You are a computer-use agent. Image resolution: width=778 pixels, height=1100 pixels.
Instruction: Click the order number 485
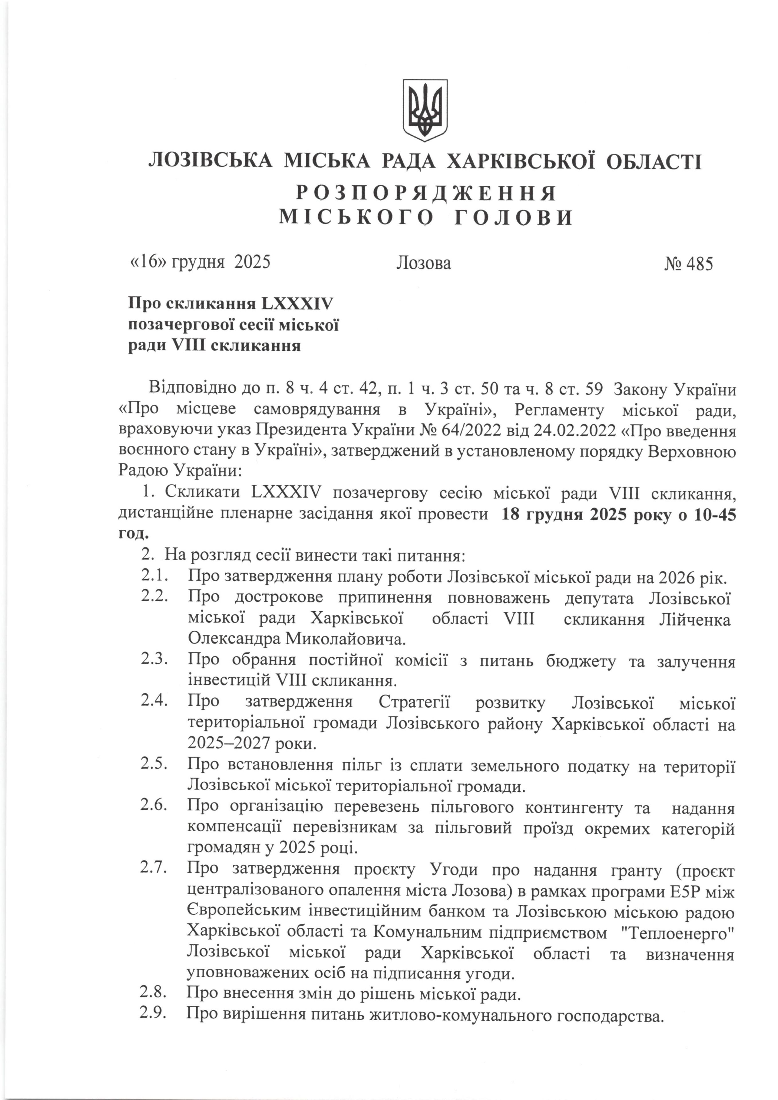[699, 264]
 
